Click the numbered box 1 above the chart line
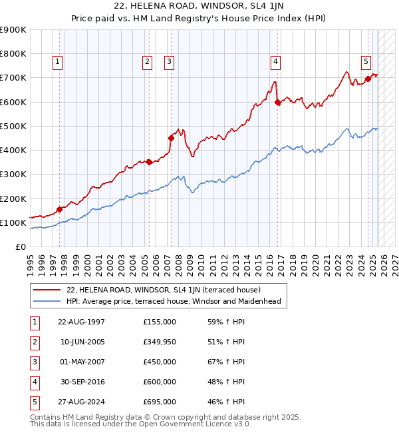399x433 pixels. (x=58, y=62)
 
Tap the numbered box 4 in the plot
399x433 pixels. (x=275, y=62)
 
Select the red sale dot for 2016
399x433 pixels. (x=278, y=102)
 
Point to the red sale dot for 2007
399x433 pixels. (x=171, y=138)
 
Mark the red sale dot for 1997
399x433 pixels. (x=60, y=209)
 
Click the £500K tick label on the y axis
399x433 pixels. (x=13, y=126)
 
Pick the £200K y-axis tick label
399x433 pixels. (x=13, y=199)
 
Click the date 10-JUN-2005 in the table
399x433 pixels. (x=81, y=342)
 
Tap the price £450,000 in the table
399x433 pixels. (x=160, y=362)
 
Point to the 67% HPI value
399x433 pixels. (x=226, y=362)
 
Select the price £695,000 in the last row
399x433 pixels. (x=160, y=402)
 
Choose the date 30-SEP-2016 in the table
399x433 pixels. (x=81, y=382)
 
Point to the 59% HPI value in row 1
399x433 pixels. (x=226, y=322)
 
